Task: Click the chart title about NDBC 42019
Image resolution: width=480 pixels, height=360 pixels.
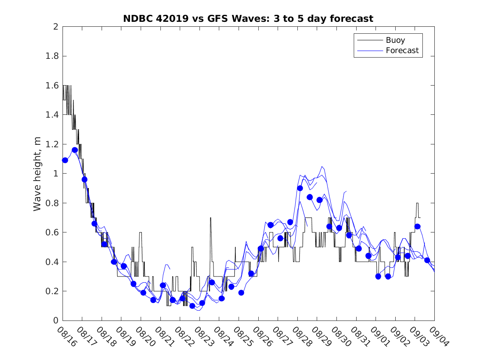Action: click(x=248, y=19)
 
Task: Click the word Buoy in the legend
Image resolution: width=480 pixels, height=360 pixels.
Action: click(x=395, y=40)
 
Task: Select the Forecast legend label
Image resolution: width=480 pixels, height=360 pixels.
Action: click(x=402, y=51)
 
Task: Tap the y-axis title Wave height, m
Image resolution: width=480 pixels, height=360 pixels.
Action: click(x=37, y=174)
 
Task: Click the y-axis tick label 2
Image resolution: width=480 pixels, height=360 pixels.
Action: click(x=55, y=27)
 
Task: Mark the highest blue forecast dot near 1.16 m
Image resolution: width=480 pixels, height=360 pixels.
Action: click(x=75, y=150)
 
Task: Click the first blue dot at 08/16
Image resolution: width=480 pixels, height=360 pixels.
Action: click(x=65, y=160)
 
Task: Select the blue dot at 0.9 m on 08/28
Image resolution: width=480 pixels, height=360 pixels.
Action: click(x=300, y=188)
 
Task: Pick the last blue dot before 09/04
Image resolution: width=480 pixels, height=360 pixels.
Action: click(x=427, y=260)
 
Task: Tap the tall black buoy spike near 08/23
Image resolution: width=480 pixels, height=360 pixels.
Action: click(x=211, y=218)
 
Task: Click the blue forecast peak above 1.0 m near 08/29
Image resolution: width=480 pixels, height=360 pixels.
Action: click(x=322, y=167)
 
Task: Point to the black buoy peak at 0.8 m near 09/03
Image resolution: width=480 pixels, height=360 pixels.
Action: click(x=417, y=203)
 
